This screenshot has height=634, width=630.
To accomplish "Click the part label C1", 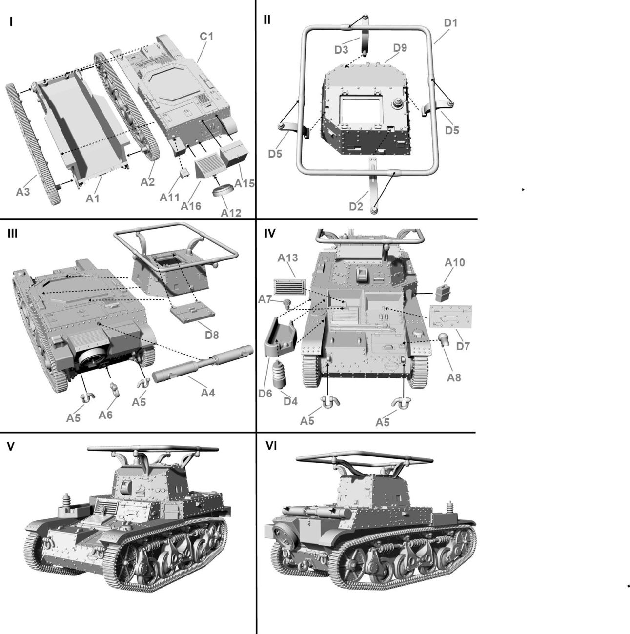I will tap(206, 37).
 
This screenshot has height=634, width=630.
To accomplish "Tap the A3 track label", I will tap(23, 192).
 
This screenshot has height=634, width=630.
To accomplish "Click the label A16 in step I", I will tap(191, 206).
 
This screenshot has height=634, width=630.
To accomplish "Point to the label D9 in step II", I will tap(400, 48).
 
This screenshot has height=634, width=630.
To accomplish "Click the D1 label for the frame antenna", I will tap(450, 22).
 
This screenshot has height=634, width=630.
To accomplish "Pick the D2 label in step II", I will tap(356, 206).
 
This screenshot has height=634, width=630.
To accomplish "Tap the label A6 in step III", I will tap(106, 415).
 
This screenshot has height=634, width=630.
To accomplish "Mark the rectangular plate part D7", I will tap(451, 317).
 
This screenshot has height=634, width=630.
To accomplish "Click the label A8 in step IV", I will tap(454, 377).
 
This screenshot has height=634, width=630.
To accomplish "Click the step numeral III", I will tap(12, 233).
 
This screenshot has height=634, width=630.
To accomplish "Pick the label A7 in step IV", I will tap(265, 298).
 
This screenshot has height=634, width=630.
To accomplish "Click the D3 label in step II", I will tap(341, 49).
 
